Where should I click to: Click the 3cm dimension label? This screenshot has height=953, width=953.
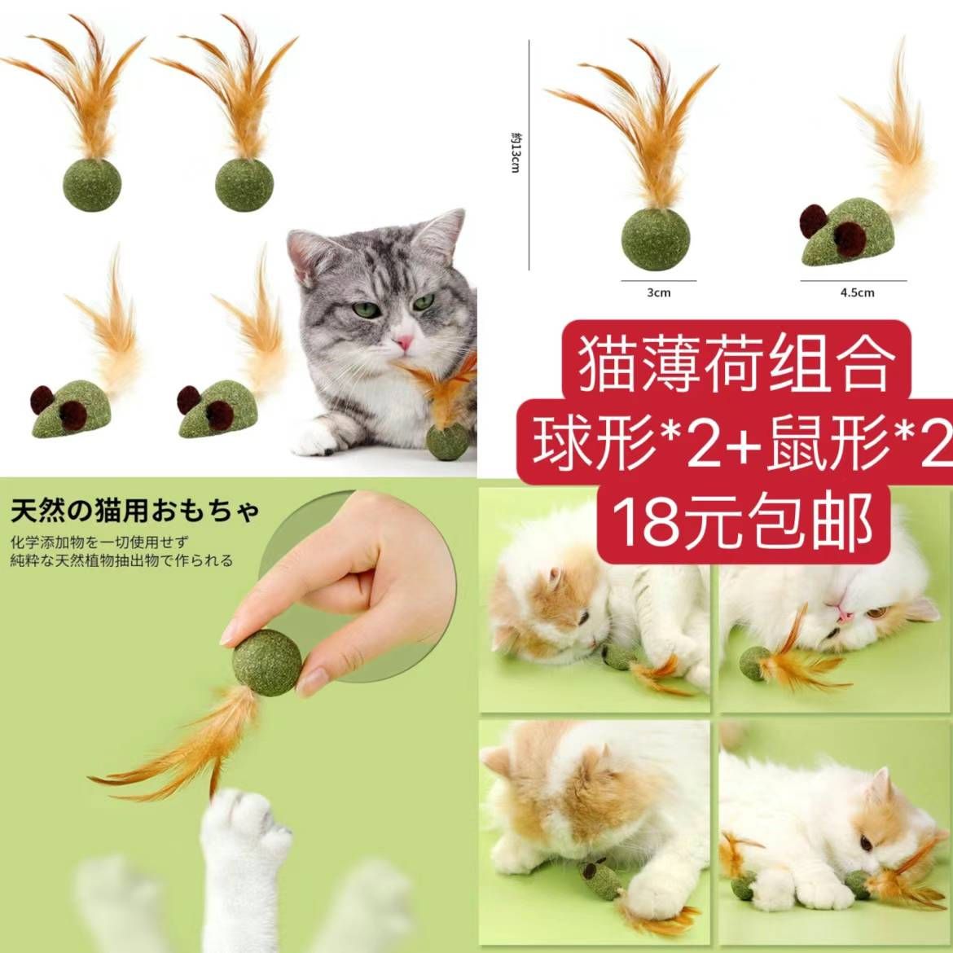point(657,292)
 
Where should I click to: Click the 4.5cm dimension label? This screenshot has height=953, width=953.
point(856,292)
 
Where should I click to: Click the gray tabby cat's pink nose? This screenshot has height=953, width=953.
point(401,343)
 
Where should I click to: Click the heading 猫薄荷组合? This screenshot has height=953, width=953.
point(736,364)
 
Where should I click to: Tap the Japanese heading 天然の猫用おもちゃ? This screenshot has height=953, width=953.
point(135,512)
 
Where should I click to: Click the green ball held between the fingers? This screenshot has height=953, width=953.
point(267,660)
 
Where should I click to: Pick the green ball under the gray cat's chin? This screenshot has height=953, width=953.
point(447,444)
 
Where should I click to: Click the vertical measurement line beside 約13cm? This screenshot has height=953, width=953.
point(529,155)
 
